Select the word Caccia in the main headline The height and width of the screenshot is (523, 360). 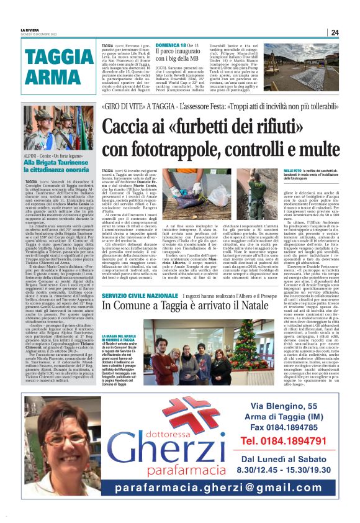click(132, 128)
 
